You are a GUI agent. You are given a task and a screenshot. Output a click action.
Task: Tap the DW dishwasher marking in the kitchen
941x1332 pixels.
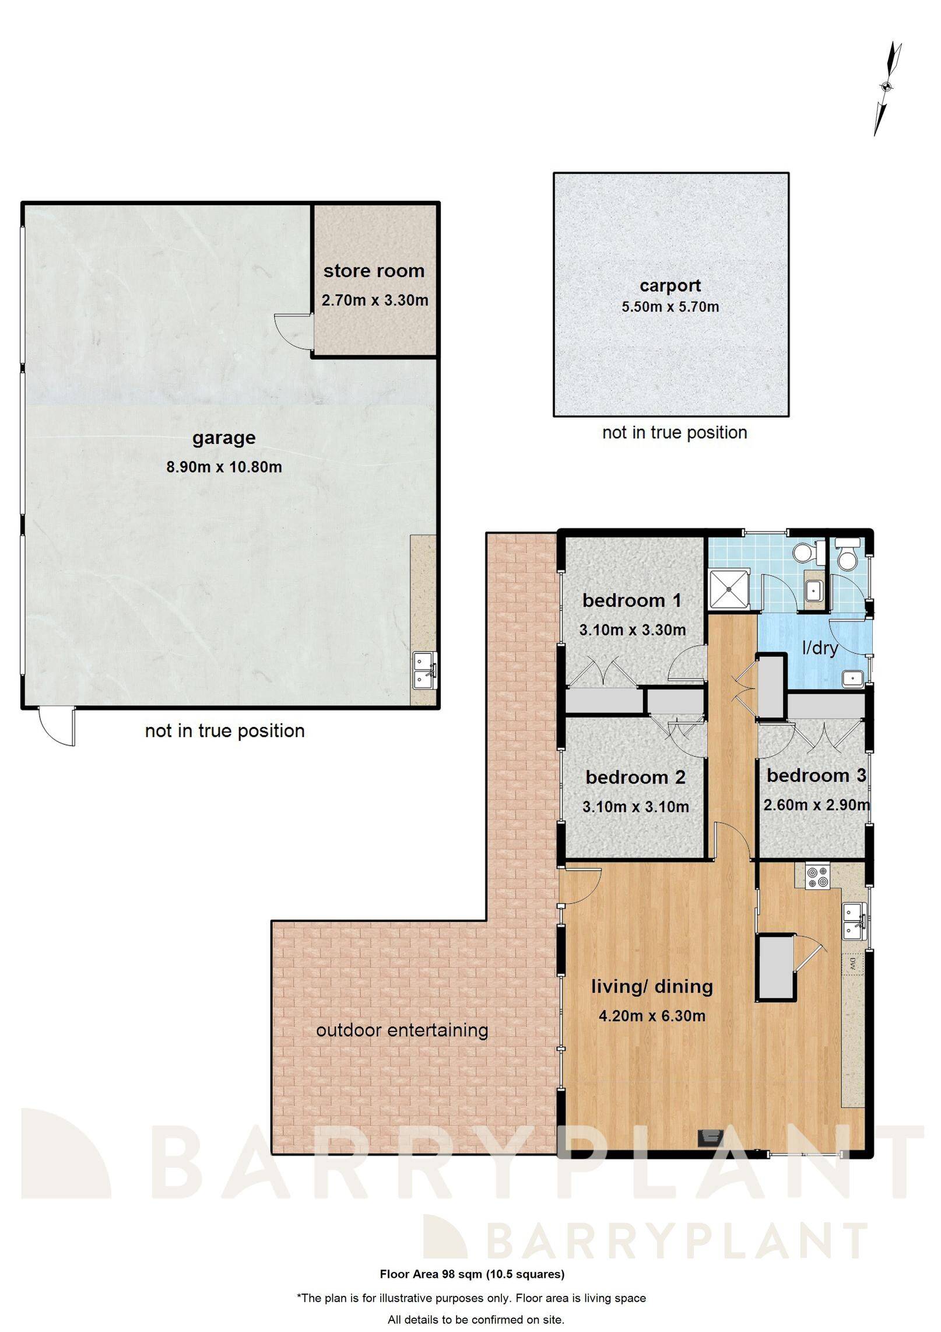coord(852,964)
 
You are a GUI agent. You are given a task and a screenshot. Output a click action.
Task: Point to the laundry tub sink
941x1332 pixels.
coord(852,679)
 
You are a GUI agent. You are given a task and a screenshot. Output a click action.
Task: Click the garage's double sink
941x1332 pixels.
coord(423,670)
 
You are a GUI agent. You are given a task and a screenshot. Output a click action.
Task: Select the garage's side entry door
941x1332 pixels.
coord(57,727)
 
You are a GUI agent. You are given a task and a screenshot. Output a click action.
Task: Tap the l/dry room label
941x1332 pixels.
coord(820,648)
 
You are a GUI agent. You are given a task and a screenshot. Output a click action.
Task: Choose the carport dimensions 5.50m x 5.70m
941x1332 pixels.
coord(670,306)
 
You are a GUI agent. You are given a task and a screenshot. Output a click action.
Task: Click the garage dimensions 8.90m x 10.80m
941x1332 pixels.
coord(224,467)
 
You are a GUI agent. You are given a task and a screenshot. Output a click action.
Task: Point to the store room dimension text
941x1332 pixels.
coord(375,300)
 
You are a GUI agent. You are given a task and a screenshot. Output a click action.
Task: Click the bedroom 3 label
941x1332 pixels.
coord(816,776)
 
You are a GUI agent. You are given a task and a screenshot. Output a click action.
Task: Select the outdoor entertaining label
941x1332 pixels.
coord(402,1030)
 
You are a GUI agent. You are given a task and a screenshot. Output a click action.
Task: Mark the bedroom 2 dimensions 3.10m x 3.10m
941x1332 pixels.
coord(635,807)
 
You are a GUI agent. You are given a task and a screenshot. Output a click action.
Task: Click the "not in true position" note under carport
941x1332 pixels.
coord(674,432)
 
